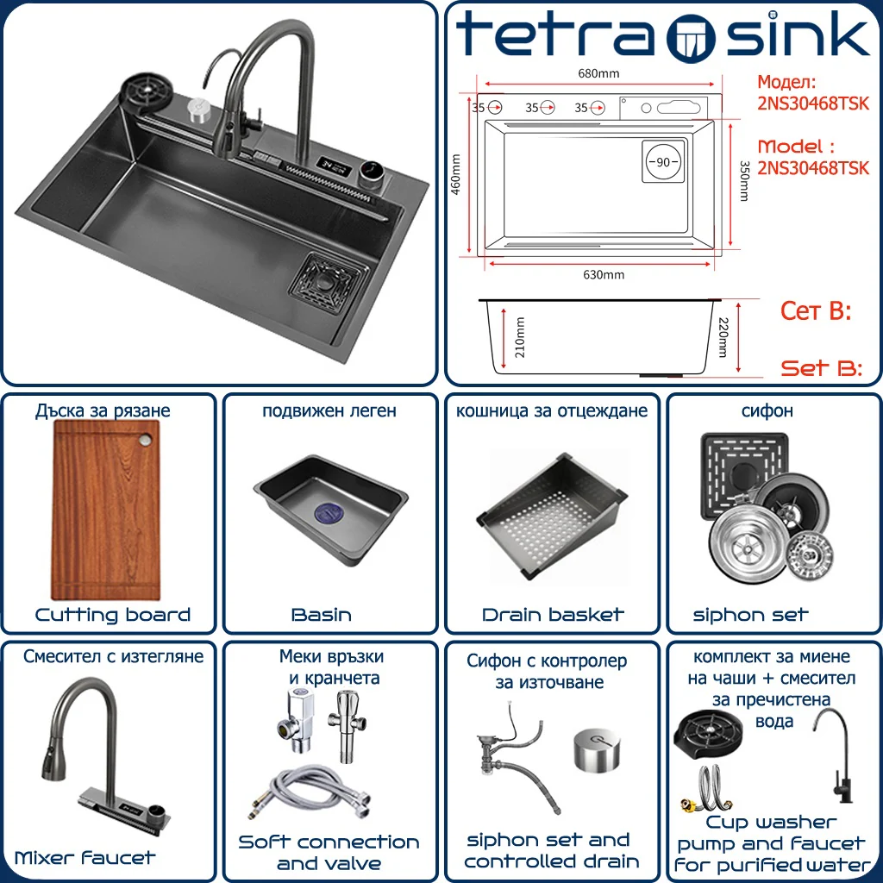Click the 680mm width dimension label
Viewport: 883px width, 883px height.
click(598, 73)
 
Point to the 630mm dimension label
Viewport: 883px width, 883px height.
click(603, 275)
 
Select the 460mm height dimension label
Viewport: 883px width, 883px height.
click(456, 174)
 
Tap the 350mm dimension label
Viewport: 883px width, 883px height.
click(744, 181)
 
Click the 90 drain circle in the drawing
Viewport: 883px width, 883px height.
click(663, 161)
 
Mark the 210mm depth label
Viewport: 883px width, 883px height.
click(520, 337)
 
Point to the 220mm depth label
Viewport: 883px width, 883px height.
click(723, 337)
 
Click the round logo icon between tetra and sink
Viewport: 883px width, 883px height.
click(691, 38)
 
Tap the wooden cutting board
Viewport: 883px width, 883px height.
click(106, 510)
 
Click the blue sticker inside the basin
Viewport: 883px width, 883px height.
click(331, 513)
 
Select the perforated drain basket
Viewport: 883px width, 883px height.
click(552, 516)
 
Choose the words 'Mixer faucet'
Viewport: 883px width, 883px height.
click(85, 858)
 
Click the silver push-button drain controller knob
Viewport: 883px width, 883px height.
click(598, 749)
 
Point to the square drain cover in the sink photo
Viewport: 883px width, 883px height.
click(325, 282)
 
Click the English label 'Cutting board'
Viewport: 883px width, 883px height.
click(113, 614)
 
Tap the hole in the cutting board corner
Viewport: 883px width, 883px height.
click(147, 440)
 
